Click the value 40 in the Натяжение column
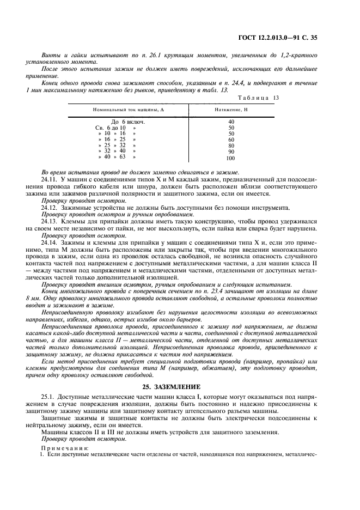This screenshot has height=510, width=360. pyautogui.click(x=231, y=122)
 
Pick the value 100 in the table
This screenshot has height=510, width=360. pyautogui.click(x=230, y=158)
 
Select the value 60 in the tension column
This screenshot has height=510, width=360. pyautogui.click(x=231, y=139)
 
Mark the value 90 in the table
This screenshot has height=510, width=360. pyautogui.click(x=231, y=152)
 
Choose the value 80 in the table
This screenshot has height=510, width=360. pyautogui.click(x=231, y=145)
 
